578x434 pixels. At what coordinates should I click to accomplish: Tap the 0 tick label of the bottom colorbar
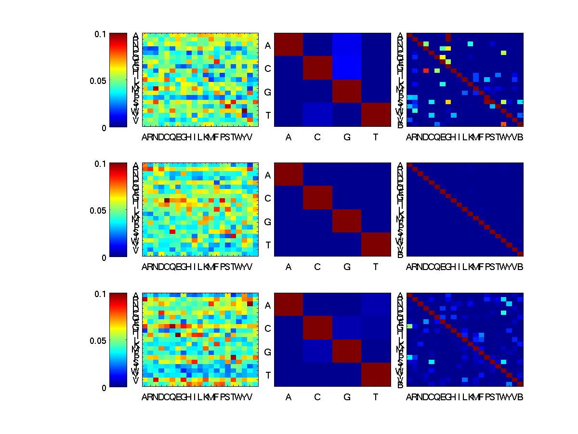(x=105, y=387)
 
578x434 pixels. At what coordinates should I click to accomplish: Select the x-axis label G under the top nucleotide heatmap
(x=347, y=137)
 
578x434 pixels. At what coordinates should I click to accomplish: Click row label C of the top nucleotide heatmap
(x=268, y=68)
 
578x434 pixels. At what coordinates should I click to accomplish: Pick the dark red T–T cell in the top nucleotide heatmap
(x=376, y=115)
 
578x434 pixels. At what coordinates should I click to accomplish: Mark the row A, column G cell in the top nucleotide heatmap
(x=347, y=45)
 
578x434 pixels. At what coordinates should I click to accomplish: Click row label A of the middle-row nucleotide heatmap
(x=268, y=176)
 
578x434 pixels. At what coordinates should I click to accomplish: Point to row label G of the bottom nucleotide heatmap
(x=268, y=352)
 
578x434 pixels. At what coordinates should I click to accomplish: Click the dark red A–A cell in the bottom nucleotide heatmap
(x=289, y=305)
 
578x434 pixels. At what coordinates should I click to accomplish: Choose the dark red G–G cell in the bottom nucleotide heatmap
(x=347, y=352)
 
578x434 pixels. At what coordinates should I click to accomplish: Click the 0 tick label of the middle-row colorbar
(x=105, y=258)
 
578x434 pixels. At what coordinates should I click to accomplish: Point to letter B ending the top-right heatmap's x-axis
(x=520, y=137)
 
